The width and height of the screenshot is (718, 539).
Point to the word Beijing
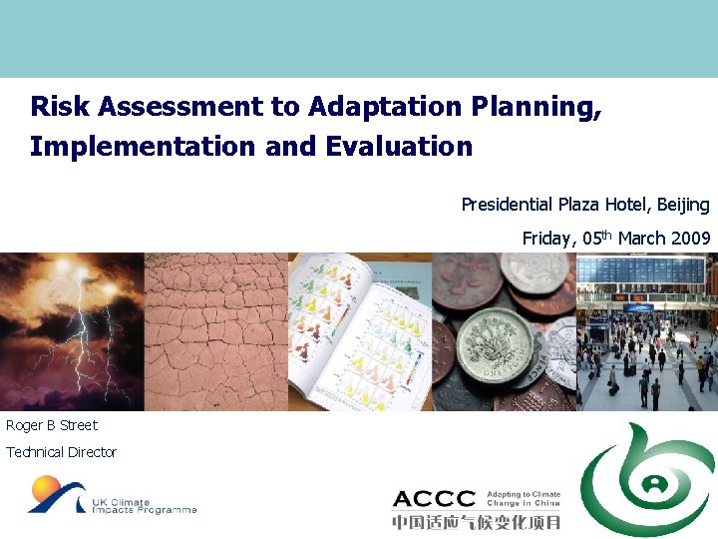[x=682, y=205]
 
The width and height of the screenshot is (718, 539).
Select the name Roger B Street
[x=52, y=425]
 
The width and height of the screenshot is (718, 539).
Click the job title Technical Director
[x=61, y=452]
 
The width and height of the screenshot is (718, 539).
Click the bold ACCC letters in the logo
[x=433, y=499]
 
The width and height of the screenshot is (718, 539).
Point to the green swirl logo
[x=648, y=479]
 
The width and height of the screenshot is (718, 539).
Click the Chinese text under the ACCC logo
[x=476, y=522]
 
